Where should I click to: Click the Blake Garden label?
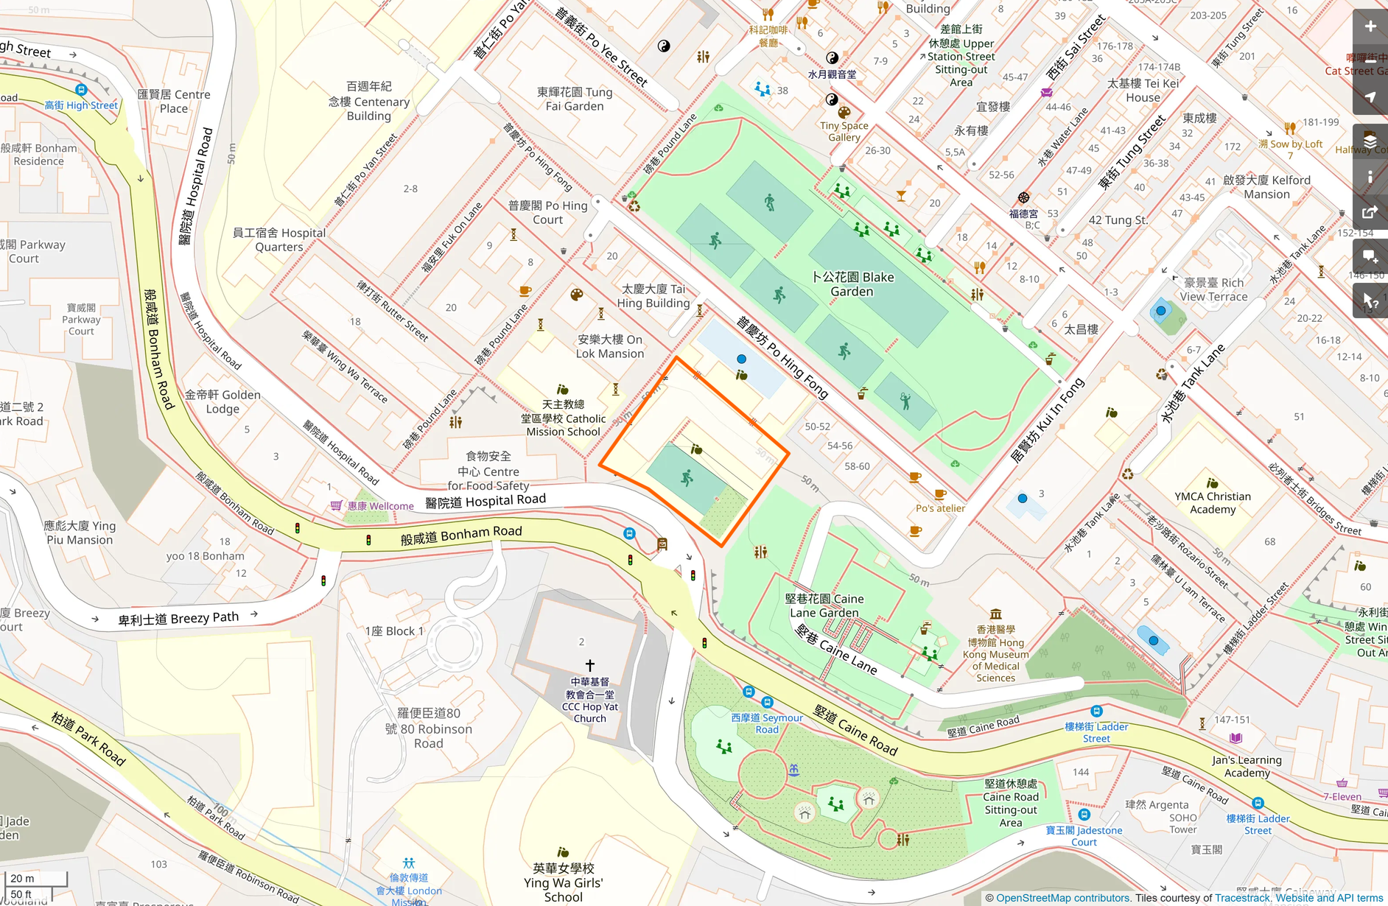tap(852, 284)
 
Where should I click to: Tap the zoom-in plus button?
tap(1370, 27)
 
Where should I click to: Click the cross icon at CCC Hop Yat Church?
tap(589, 664)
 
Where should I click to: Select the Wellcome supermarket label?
tap(381, 506)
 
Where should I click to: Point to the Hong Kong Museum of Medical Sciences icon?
tap(995, 614)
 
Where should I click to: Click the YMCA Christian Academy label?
tap(1213, 503)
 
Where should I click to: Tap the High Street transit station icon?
tap(81, 90)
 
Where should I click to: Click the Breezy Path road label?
tap(179, 618)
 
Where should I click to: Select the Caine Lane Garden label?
tap(824, 605)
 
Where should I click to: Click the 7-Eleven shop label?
tap(1342, 796)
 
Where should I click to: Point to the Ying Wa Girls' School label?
tap(564, 882)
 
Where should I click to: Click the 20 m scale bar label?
tap(22, 878)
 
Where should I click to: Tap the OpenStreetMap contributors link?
tap(1062, 898)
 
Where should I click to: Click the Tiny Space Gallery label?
tap(844, 131)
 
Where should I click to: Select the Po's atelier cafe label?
tap(940, 508)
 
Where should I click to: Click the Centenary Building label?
tap(369, 101)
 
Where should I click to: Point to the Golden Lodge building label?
tap(222, 401)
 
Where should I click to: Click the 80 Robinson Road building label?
tap(429, 728)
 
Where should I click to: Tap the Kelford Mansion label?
tap(1266, 187)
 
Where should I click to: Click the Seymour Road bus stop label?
tap(767, 723)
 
